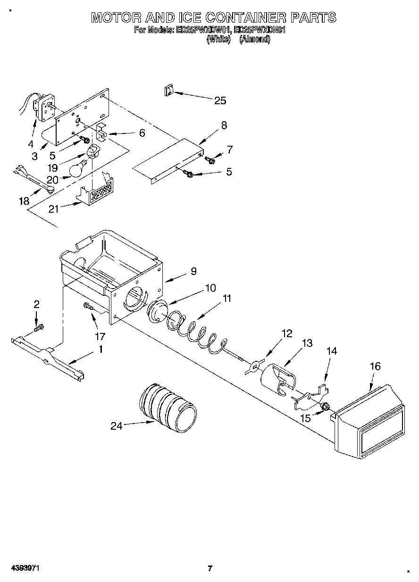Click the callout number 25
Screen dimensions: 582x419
click(220, 100)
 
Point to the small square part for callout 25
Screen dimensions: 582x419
click(168, 90)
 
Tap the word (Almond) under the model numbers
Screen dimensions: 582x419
click(255, 40)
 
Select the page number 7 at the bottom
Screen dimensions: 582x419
click(210, 568)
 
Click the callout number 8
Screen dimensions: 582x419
click(224, 125)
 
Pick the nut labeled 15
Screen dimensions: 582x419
click(324, 406)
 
